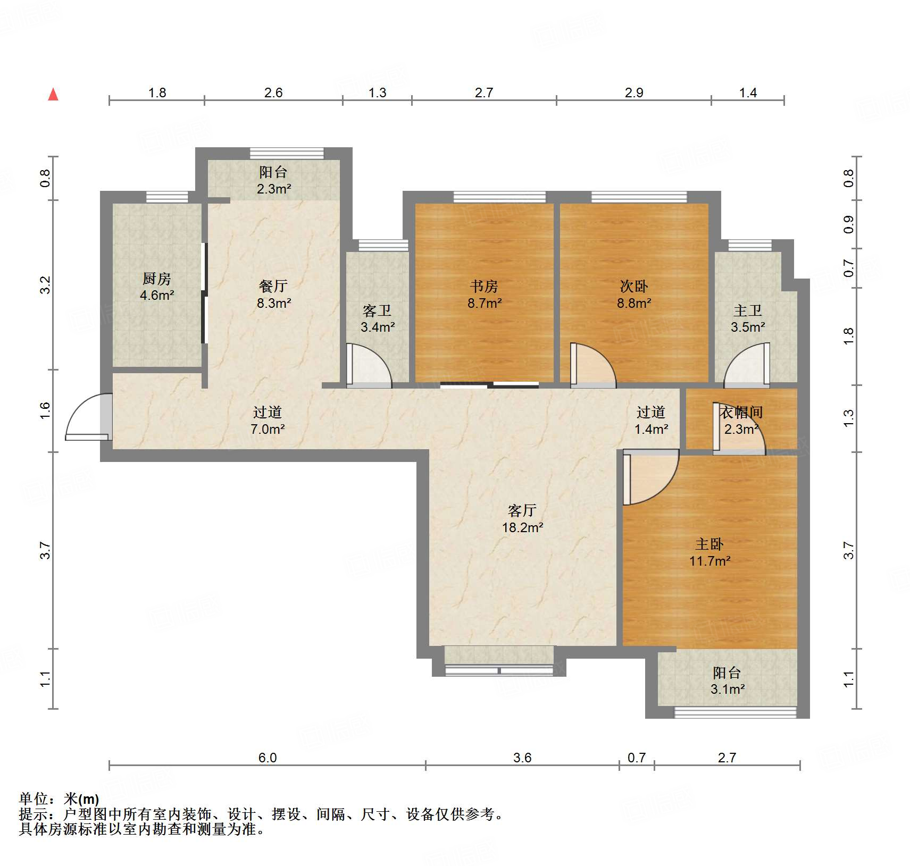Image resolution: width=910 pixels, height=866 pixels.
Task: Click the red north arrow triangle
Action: [x=53, y=95]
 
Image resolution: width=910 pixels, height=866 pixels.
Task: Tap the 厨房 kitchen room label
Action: [x=157, y=279]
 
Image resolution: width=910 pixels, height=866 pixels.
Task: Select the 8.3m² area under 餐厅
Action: [x=274, y=304]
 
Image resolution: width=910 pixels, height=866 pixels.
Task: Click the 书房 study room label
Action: [x=484, y=287]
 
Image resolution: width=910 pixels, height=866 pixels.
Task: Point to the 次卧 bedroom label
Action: [x=634, y=287]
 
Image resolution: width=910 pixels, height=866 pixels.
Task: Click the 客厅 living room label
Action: [x=522, y=510]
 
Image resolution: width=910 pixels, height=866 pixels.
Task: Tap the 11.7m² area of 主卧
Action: [x=709, y=561]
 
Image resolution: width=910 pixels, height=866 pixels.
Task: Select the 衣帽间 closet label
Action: [x=741, y=412]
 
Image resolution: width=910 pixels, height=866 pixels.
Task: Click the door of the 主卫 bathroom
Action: [x=748, y=365]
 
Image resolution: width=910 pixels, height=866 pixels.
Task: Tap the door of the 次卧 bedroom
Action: [x=592, y=365]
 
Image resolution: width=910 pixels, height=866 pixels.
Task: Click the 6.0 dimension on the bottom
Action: [x=268, y=758]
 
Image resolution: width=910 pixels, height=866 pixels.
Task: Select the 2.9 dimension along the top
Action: [x=634, y=93]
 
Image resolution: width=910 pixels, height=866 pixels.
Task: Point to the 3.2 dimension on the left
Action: [x=45, y=285]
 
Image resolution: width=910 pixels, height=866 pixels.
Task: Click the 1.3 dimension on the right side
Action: [x=848, y=417]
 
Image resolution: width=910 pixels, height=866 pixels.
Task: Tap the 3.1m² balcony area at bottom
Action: [x=727, y=690]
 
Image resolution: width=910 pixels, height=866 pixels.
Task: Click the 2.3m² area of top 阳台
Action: [x=274, y=189]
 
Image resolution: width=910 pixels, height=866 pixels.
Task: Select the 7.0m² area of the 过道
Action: [x=268, y=429]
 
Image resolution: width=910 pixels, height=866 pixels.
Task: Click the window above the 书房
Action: [x=499, y=197]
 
